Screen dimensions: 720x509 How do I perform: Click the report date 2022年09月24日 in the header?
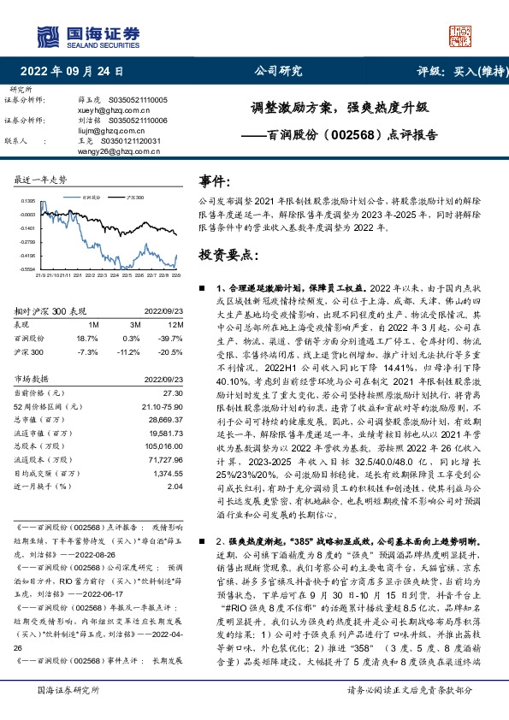click(70, 71)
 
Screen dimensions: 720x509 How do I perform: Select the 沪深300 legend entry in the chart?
click(133, 196)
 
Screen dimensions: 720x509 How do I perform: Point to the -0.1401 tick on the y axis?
click(27, 228)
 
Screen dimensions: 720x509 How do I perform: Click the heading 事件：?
click(215, 181)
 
